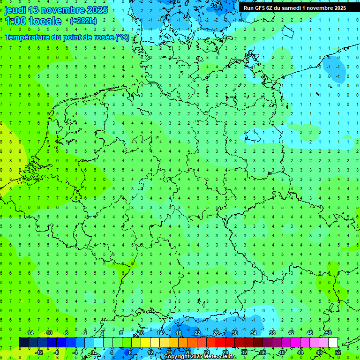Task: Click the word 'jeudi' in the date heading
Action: point(15,10)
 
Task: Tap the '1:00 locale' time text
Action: point(33,21)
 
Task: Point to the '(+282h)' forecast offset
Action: point(83,21)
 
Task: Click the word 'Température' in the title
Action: point(29,37)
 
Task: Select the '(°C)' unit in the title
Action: point(122,37)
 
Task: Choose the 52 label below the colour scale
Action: point(338,352)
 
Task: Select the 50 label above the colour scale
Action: point(328,333)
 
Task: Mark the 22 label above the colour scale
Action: point(197,333)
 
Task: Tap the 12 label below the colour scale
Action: point(150,352)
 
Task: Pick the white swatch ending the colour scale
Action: point(333,343)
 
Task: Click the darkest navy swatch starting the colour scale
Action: point(23,343)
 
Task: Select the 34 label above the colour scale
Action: point(253,333)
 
